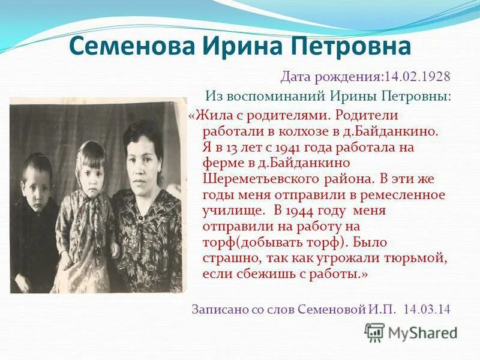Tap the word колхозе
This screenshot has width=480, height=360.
coord(281,130)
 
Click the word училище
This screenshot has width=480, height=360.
coord(229,211)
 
